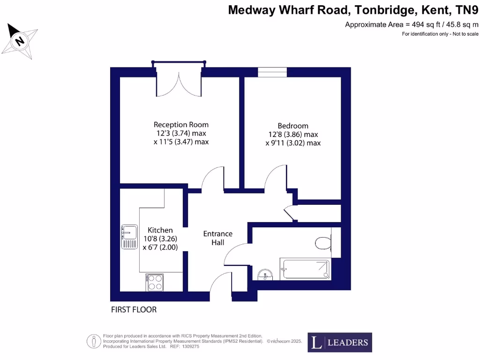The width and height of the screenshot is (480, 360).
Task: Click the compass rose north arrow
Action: coord(20,41)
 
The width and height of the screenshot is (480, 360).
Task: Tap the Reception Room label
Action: coord(181,125)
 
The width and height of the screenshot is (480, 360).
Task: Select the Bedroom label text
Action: coord(293,126)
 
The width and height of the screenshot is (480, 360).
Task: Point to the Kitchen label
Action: coord(160,230)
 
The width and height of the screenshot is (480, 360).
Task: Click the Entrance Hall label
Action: coord(217,238)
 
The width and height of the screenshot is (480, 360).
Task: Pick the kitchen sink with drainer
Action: coord(129,237)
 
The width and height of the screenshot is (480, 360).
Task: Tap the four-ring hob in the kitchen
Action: coord(155,283)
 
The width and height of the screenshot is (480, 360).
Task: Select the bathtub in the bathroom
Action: coord(305,269)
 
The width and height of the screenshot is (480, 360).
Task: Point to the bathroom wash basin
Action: coord(265,274)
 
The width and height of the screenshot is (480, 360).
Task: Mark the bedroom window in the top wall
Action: coord(272,72)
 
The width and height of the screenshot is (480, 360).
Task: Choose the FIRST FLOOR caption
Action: coord(134,310)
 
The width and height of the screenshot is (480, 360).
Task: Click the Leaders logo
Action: coord(340,342)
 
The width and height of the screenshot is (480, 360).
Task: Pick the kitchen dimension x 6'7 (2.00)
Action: coord(160,247)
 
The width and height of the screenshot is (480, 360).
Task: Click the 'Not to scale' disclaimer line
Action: coord(440,34)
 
